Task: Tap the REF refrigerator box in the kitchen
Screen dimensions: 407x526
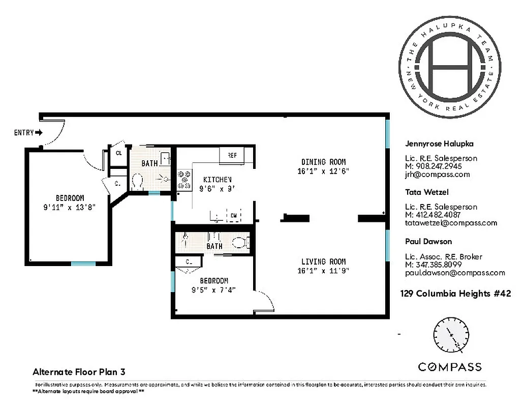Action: pos(232,155)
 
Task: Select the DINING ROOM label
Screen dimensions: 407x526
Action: pos(320,162)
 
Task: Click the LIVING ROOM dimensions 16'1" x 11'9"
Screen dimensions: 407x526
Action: pos(323,271)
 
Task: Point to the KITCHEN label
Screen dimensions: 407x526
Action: pos(218,180)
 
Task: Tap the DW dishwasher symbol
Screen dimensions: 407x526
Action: pos(233,216)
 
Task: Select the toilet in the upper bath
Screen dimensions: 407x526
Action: pos(137,180)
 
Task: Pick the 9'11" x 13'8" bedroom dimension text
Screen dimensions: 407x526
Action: pos(70,207)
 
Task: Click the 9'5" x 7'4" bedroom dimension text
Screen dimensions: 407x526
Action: pos(213,290)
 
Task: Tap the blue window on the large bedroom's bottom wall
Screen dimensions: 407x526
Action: pos(83,264)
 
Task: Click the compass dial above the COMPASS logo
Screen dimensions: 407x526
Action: pos(450,337)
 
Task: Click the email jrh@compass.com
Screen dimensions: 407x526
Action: pos(437,175)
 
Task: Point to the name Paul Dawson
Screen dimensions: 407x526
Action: pos(428,241)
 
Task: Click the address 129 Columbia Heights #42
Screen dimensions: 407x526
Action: pos(455,294)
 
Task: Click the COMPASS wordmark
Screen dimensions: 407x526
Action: pos(450,367)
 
